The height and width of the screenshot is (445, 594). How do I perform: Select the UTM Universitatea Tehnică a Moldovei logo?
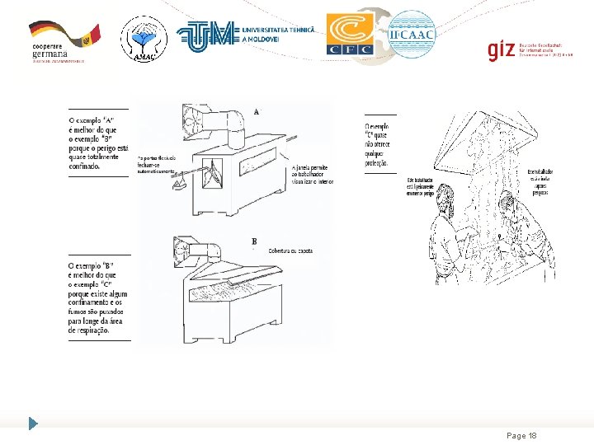tap(247, 35)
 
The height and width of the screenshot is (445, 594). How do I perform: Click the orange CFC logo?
tap(350, 35)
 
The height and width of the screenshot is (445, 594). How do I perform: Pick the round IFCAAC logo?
tap(412, 34)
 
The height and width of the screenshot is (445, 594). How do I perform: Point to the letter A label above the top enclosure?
tap(257, 111)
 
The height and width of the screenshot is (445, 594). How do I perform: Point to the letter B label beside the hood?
tap(254, 241)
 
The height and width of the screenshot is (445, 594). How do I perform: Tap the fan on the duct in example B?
tap(182, 251)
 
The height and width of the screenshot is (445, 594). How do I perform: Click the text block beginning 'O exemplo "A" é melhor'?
tap(98, 143)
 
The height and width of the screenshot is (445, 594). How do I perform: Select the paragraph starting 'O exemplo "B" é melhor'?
tap(98, 297)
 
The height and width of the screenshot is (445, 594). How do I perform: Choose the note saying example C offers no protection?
tap(379, 145)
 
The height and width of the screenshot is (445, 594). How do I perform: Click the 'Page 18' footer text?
tap(521, 435)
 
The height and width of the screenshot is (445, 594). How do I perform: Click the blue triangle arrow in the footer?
tap(33, 424)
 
